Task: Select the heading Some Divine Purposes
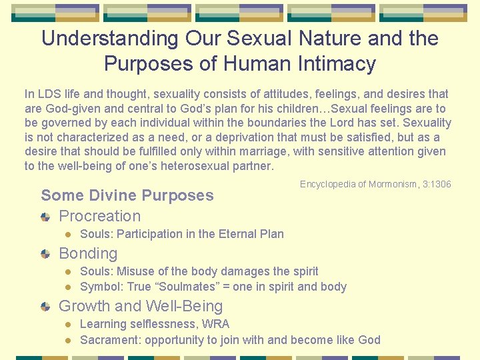tap(127, 195)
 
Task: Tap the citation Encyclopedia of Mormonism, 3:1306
tap(375, 184)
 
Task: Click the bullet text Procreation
tap(100, 216)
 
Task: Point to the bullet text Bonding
tap(88, 253)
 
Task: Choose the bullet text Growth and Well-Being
tap(141, 306)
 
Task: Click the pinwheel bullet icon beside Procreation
tap(45, 217)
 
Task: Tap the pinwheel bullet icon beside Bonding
tap(45, 254)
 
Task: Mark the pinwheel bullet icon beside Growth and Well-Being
tap(45, 307)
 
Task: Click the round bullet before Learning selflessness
tap(67, 325)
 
